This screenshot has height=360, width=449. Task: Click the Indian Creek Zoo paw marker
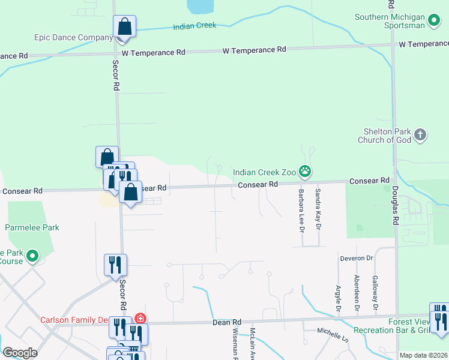tap(306, 172)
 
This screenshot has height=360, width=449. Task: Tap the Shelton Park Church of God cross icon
tap(420, 134)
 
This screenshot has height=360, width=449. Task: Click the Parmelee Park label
tap(32, 228)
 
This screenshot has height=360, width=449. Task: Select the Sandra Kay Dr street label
tap(318, 208)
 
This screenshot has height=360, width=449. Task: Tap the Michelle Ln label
tap(333, 331)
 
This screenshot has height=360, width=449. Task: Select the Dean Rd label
tap(227, 322)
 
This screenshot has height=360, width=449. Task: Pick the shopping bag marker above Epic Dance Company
tap(125, 27)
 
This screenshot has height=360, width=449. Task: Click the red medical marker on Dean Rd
tap(140, 319)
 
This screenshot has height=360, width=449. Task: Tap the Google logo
tap(20, 353)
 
